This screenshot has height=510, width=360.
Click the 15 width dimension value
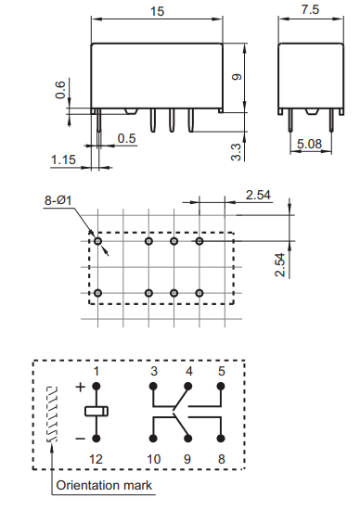tap(159, 10)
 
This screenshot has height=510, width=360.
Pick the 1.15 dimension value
tap(63, 160)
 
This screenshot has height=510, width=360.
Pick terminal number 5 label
tap(222, 371)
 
